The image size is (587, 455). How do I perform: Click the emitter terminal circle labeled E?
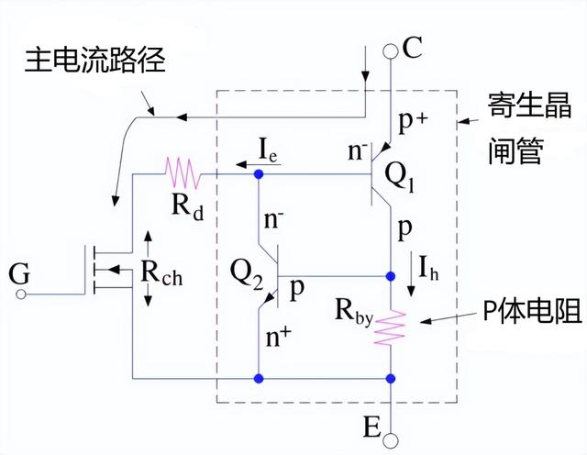pos(392,441)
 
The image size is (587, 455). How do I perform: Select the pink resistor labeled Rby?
pos(392,326)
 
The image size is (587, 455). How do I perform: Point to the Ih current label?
pos(429,270)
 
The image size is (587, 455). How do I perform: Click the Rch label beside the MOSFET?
pos(161,273)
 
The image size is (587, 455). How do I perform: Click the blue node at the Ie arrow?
pos(260,172)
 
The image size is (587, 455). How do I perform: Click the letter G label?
pos(17,273)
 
